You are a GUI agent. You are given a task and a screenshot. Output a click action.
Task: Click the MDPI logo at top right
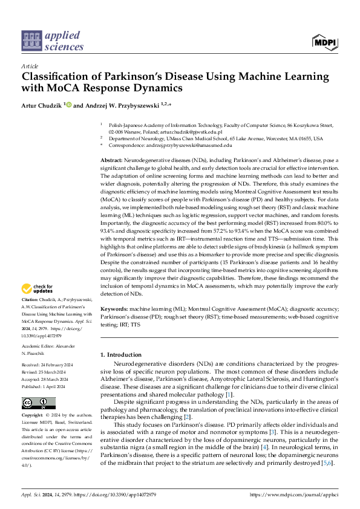tap(325, 41)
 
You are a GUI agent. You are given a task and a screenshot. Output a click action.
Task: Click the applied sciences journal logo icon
tap(30, 41)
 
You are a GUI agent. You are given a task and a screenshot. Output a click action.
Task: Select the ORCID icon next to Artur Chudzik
tap(68, 105)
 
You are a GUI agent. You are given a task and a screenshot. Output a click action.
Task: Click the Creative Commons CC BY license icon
tap(38, 386)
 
